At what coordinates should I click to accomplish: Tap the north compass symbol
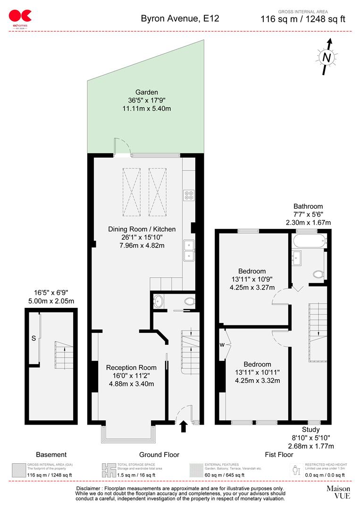(x=326, y=57)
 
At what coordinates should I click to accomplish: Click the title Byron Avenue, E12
(x=180, y=19)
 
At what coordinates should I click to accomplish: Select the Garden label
(x=146, y=92)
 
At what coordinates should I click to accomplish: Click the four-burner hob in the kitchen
(x=189, y=195)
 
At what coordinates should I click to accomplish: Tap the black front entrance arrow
(x=184, y=427)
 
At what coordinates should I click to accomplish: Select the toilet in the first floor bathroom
(x=318, y=274)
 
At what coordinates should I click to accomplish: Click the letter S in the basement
(x=33, y=338)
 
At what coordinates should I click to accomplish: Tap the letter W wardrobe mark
(x=222, y=344)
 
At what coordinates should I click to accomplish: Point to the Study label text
(x=311, y=430)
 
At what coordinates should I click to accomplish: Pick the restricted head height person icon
(x=295, y=470)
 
